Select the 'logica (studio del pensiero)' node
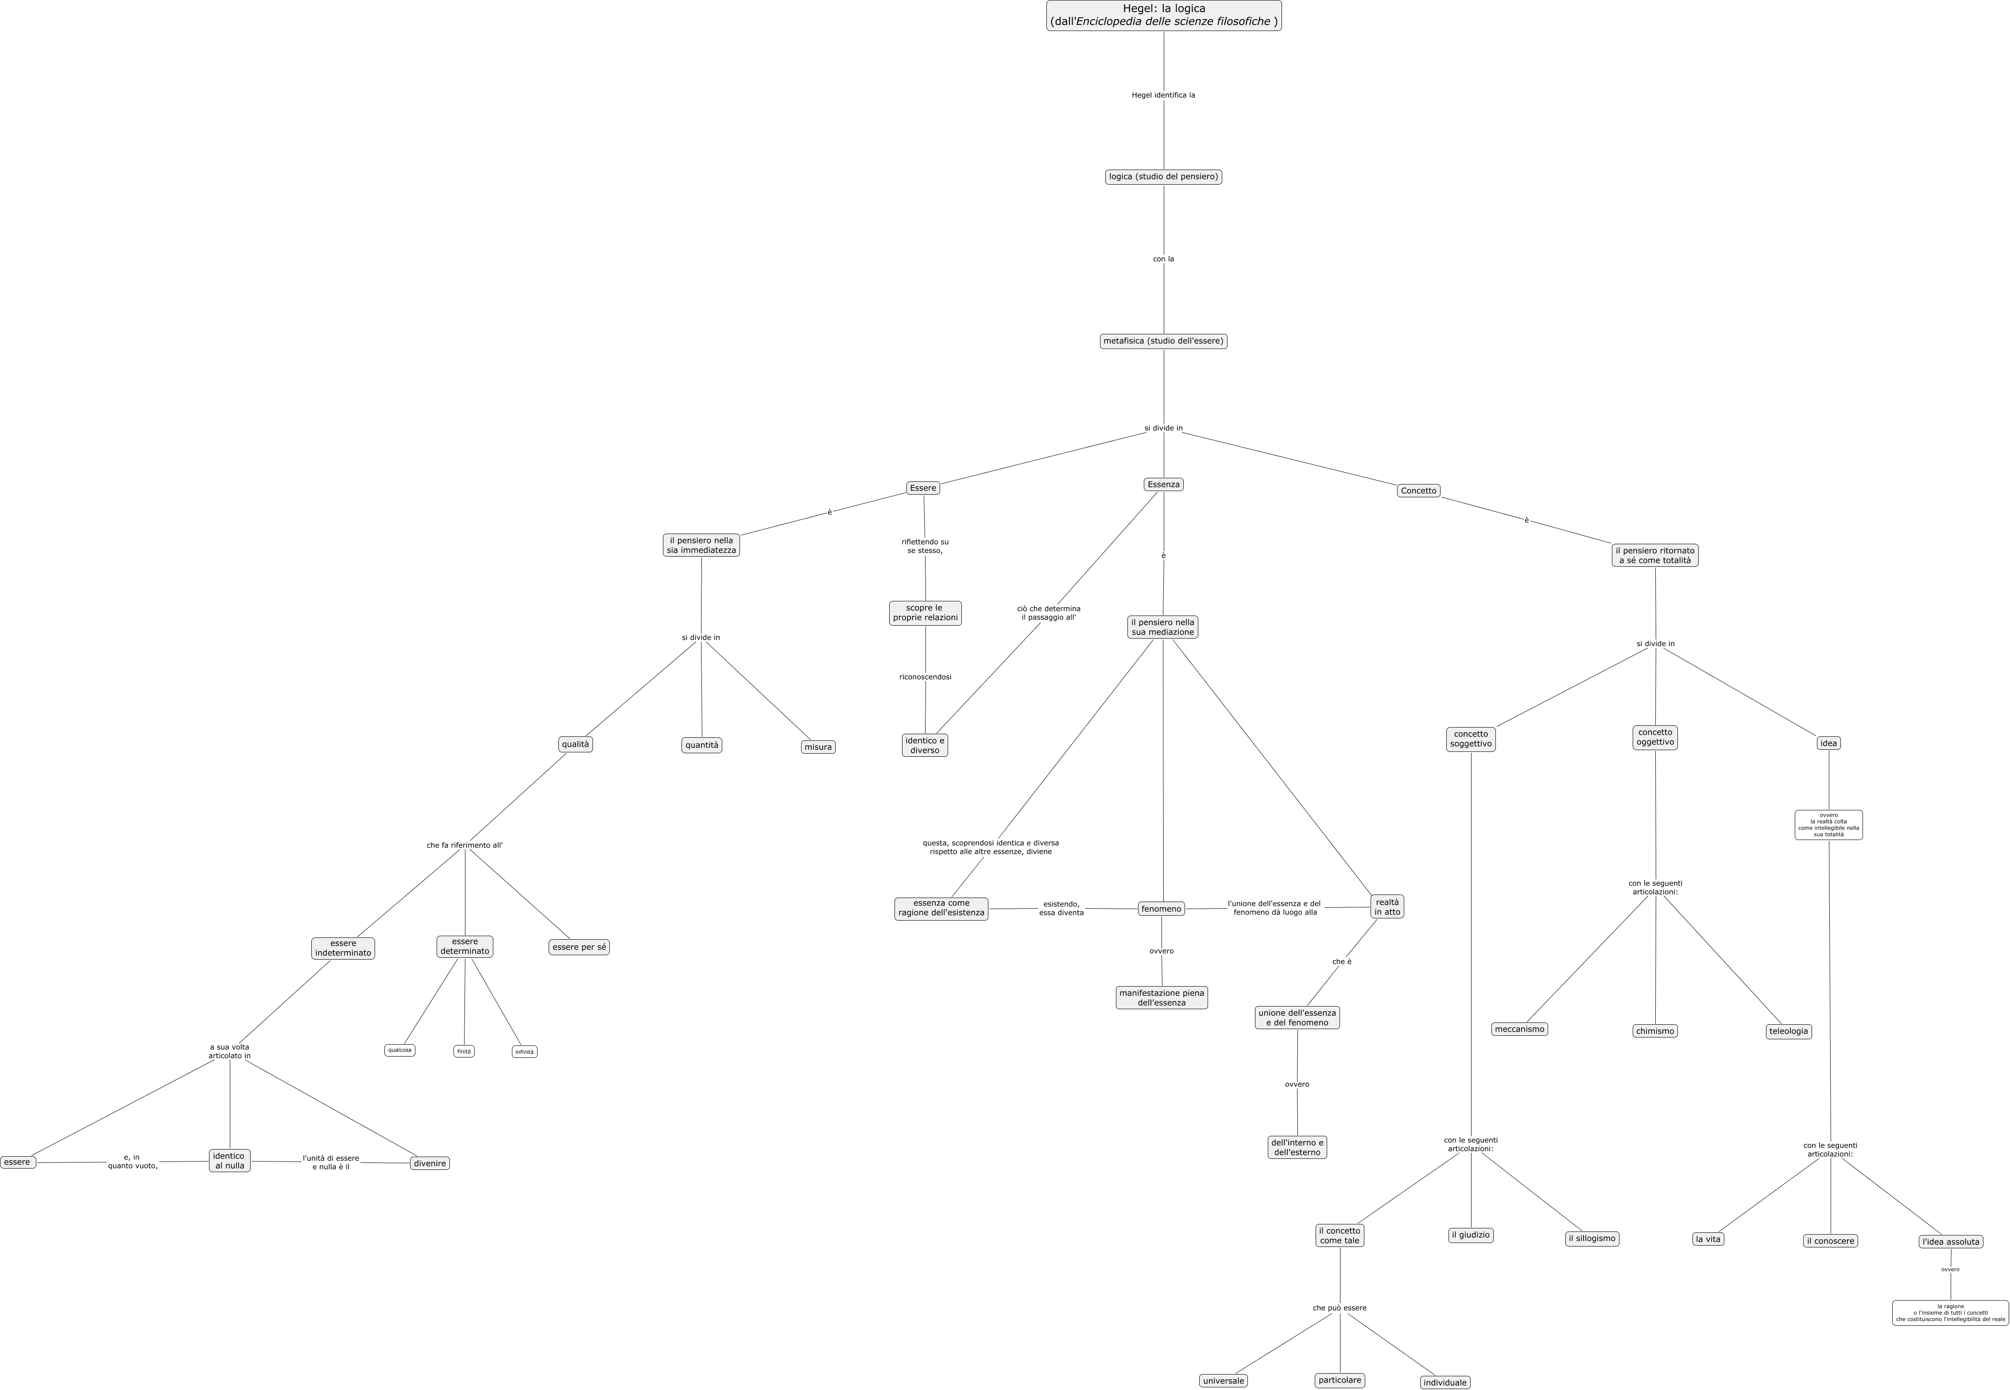click(1163, 177)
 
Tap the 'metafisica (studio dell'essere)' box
click(1163, 341)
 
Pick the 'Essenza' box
click(1163, 484)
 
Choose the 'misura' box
click(818, 747)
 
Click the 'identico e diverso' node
click(925, 746)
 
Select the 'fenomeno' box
click(1162, 909)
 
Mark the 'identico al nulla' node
click(229, 1161)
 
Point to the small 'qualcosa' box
click(400, 1050)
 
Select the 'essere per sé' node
click(579, 948)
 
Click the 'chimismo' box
click(1655, 1031)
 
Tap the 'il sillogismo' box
click(1592, 1239)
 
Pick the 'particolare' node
click(1340, 1380)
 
